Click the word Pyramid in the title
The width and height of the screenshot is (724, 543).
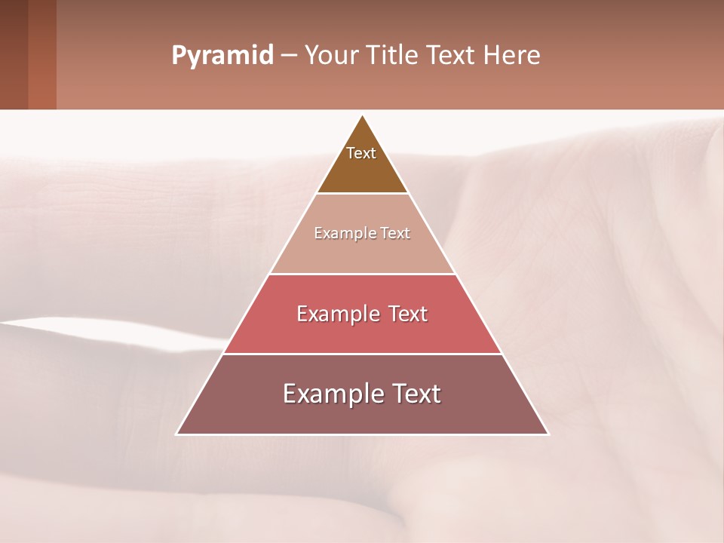tap(222, 56)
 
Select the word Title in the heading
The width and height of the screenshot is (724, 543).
tap(395, 56)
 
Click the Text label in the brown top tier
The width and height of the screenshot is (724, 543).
tap(361, 153)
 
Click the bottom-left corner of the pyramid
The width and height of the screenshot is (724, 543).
tap(177, 434)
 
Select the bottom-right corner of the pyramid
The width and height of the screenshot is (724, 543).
tap(548, 434)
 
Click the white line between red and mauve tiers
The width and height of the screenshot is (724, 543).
tap(362, 354)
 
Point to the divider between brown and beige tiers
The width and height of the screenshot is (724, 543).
tap(362, 194)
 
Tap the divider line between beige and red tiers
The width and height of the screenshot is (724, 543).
tap(362, 274)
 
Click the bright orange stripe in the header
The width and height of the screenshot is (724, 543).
tap(42, 54)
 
